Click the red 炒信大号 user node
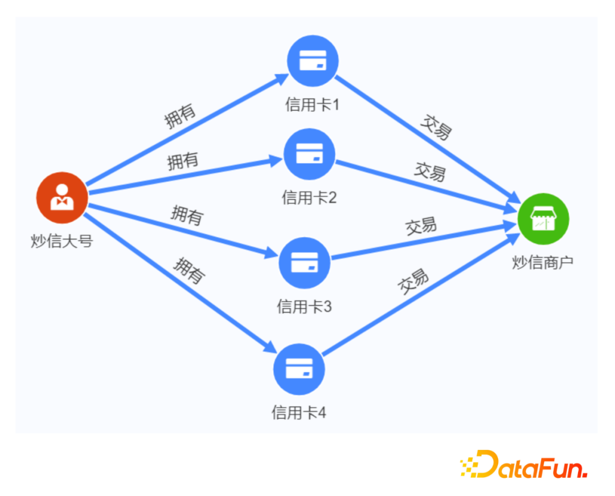pos(61,197)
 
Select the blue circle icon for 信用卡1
pos(313,60)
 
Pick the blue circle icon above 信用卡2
pos(309,153)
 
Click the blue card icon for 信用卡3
pos(304,263)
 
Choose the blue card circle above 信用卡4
pos(300,369)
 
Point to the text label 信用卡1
pos(312,104)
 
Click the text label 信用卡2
pos(309,197)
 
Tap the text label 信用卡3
pos(304,307)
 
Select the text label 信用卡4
pos(299,412)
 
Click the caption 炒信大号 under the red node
pos(61,241)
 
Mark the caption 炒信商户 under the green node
pos(543,263)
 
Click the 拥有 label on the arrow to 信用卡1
pos(180,116)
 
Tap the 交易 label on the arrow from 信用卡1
pos(436,127)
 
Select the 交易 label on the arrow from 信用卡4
pos(413,282)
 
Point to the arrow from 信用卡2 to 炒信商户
pos(427,186)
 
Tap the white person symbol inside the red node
pos(61,196)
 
